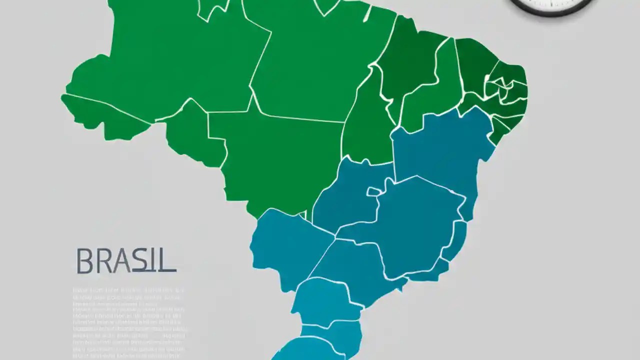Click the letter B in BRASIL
84,260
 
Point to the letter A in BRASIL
119,261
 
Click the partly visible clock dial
550,6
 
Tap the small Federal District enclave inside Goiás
374,191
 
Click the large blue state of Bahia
440,150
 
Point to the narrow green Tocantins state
367,125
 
